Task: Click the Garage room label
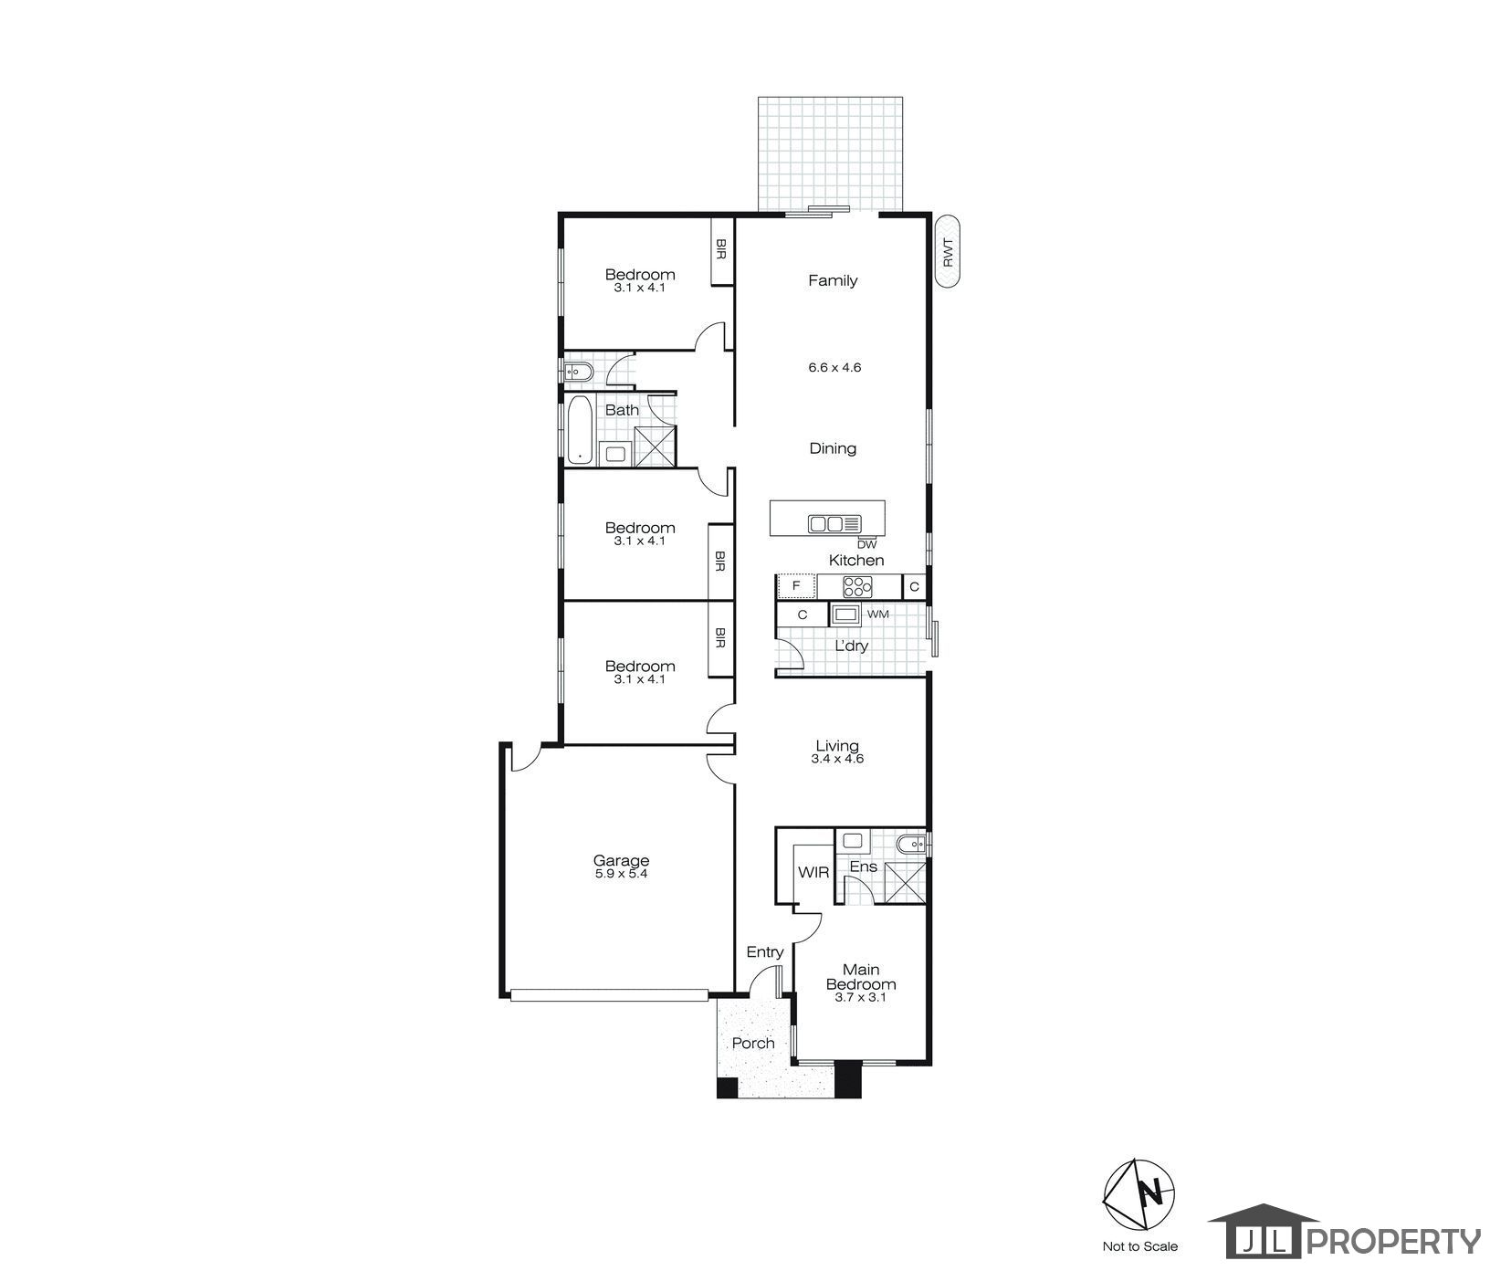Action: coord(621,860)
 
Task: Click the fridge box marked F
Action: coord(795,585)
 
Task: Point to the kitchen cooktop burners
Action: coord(857,586)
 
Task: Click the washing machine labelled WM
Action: coord(845,614)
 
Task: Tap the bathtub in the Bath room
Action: coord(578,429)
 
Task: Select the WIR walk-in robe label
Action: coord(813,872)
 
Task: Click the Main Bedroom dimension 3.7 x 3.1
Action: coord(860,998)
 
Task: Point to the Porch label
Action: coord(753,1043)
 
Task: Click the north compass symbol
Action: coord(1139,1193)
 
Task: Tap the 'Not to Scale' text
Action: coord(1139,1246)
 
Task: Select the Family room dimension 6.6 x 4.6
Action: coord(834,368)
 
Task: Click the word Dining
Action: coord(833,448)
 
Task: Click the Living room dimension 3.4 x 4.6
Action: coord(838,759)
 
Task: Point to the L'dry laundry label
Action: coord(851,646)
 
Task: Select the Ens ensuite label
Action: coord(863,866)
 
